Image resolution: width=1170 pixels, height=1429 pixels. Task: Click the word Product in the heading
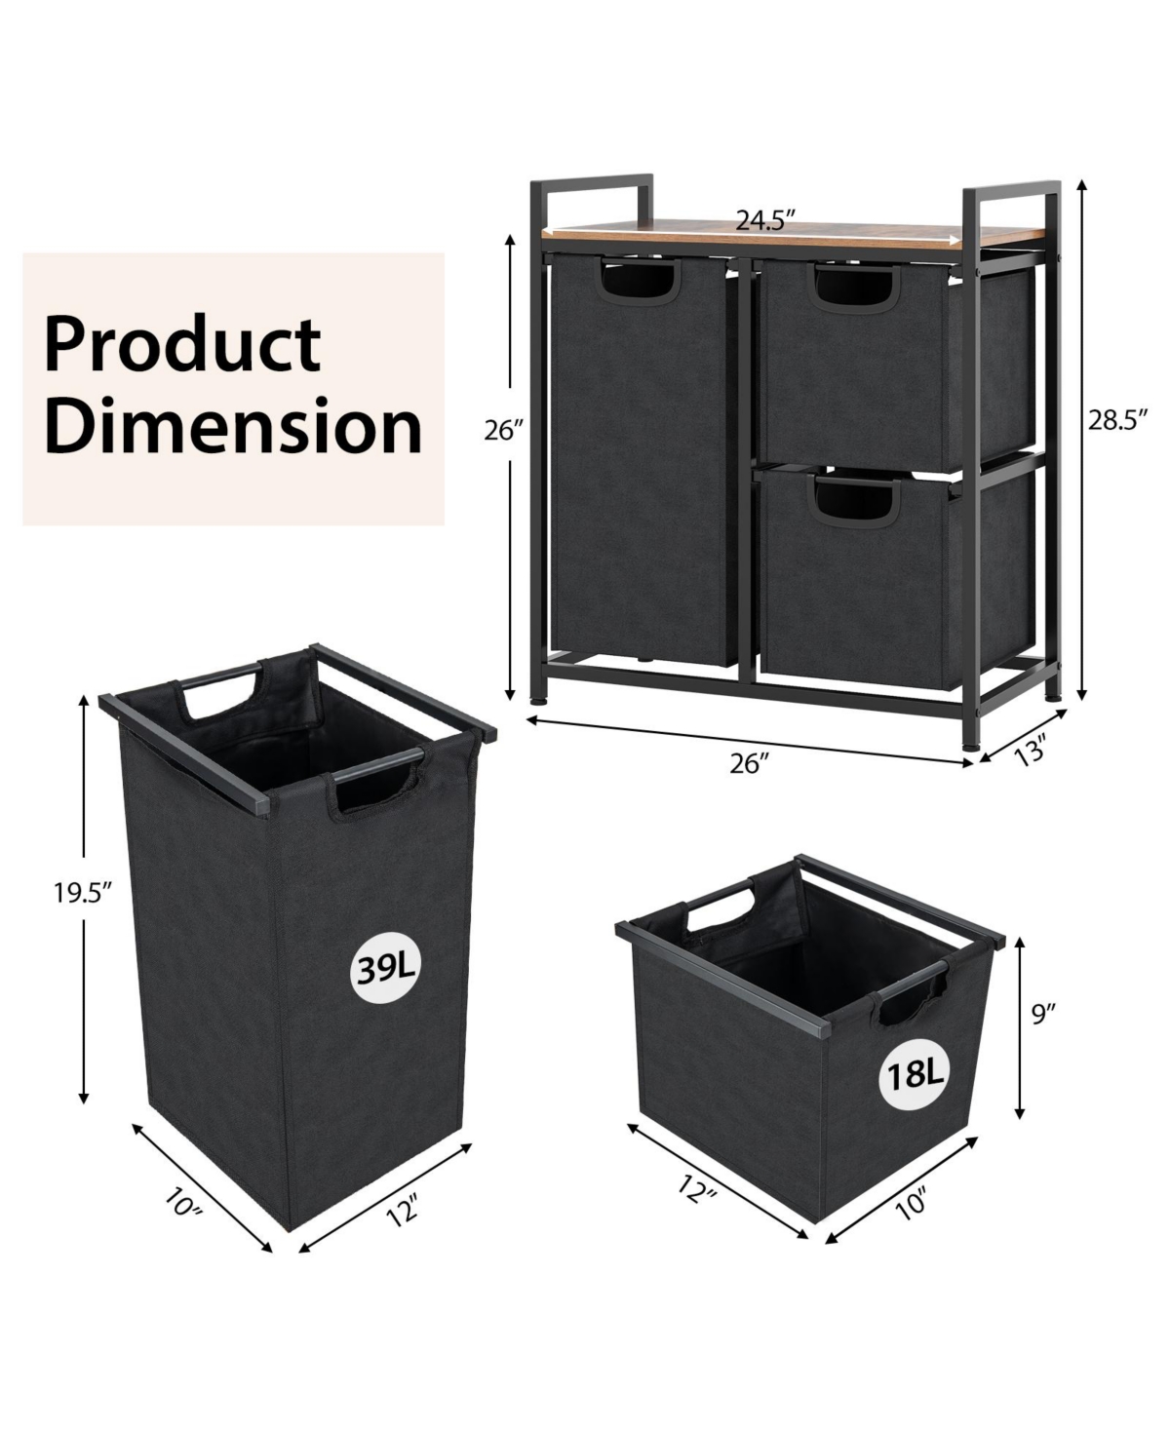[x=182, y=344]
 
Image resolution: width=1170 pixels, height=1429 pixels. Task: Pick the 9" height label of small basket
[x=1044, y=1015]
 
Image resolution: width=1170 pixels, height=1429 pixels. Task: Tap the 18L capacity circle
[x=914, y=1074]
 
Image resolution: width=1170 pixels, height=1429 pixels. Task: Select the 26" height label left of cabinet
[x=505, y=430]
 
